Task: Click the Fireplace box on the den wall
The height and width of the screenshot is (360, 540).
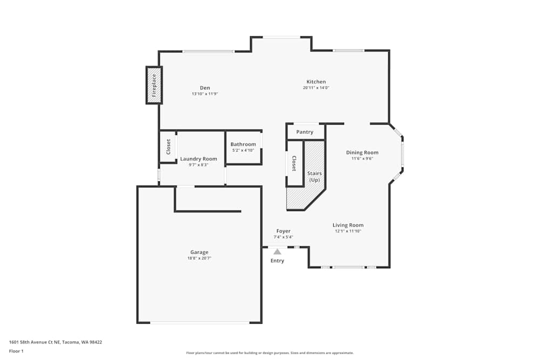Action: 154,85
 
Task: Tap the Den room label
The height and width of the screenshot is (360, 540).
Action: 205,88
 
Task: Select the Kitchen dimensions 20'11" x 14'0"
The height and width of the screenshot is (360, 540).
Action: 316,87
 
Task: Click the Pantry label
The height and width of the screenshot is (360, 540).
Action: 305,132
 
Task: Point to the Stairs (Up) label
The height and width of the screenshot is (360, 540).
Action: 314,176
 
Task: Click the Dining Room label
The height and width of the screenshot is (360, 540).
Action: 362,153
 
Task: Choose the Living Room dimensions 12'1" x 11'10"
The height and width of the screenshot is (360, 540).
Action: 348,231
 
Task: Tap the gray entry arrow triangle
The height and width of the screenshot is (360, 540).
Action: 277,252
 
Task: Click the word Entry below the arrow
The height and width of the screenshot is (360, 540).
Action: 277,261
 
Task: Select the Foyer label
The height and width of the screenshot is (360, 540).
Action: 283,231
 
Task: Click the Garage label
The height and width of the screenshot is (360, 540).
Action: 199,252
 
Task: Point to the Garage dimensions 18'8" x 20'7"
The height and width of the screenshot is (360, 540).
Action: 199,258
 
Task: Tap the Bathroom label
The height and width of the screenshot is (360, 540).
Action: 243,144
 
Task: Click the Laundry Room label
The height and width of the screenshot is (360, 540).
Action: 199,159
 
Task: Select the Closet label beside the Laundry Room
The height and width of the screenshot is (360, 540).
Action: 168,147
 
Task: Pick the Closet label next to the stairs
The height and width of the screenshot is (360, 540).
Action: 294,164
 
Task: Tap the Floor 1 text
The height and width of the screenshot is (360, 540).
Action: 16,351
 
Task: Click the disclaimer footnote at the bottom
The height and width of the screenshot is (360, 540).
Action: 269,353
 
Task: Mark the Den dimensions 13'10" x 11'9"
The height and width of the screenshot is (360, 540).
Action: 205,94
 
